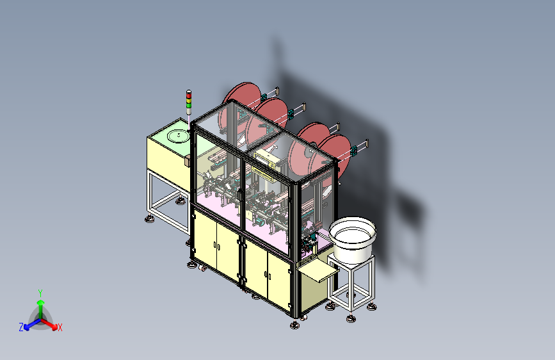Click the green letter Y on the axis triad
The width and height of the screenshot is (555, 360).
(x=40, y=292)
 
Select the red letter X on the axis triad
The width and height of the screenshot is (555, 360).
(x=60, y=328)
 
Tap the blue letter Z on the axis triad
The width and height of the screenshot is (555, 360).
(x=21, y=327)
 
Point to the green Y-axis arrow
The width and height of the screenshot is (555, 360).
(x=40, y=304)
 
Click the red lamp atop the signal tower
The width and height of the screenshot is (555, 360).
(x=189, y=94)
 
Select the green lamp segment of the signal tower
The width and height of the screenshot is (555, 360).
(x=189, y=104)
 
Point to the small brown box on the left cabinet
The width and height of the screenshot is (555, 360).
(x=188, y=161)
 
